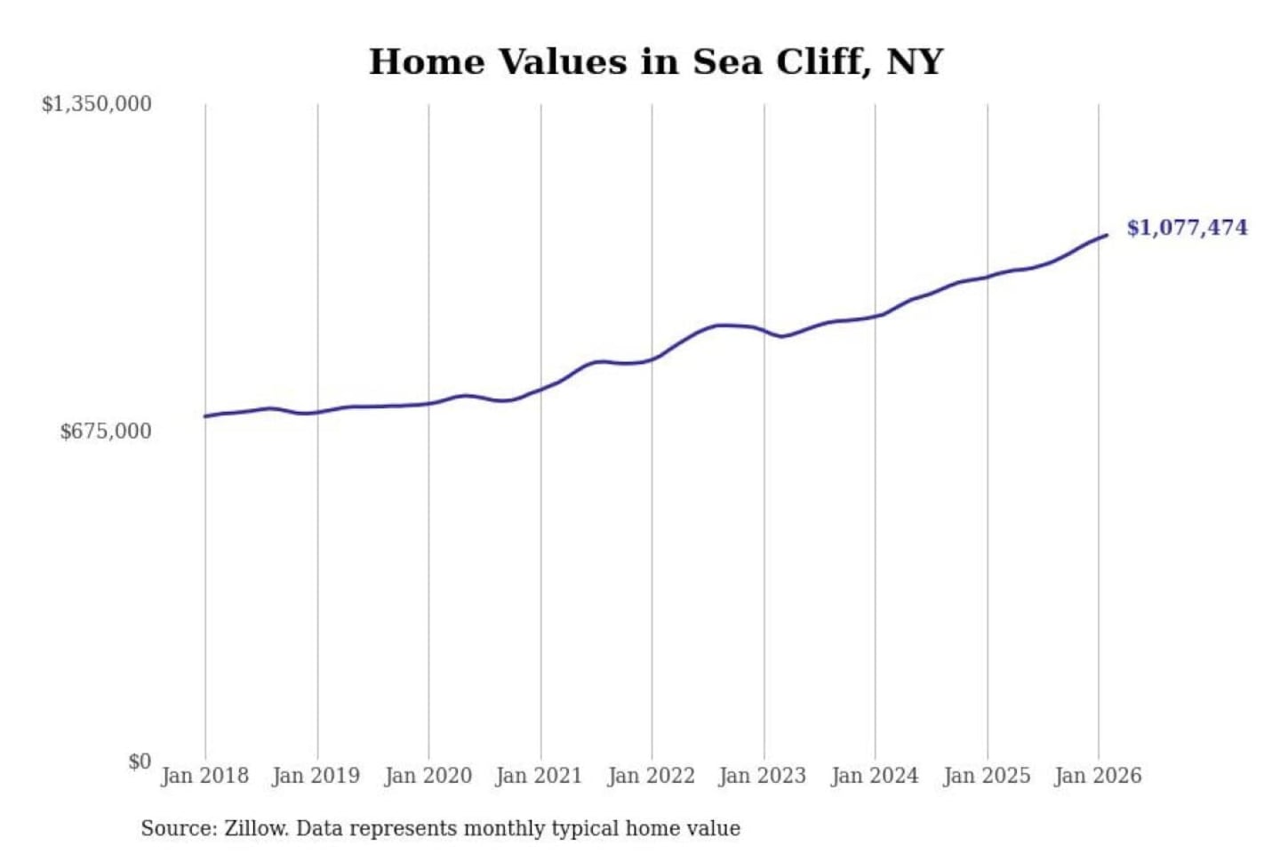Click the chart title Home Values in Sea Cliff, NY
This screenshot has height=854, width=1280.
[x=656, y=61]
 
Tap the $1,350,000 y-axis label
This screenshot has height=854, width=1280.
[x=97, y=104]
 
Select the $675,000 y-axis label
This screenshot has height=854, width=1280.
[x=106, y=431]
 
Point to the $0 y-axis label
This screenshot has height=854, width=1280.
[x=140, y=761]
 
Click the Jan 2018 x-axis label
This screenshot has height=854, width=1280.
[x=204, y=776]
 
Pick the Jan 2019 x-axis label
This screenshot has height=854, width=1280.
[x=316, y=776]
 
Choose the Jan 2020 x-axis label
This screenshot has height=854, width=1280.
[x=428, y=776]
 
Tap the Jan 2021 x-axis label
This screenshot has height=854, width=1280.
[x=539, y=776]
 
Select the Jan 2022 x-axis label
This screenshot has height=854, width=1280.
[x=651, y=776]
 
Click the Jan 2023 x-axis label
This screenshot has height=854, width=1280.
[x=762, y=776]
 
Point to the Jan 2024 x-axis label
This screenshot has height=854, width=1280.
[x=874, y=776]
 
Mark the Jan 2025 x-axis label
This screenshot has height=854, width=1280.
[x=986, y=776]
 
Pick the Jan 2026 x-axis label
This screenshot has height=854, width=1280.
[x=1097, y=776]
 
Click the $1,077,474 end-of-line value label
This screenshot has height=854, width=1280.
[x=1187, y=228]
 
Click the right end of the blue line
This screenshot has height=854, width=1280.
[x=1107, y=235]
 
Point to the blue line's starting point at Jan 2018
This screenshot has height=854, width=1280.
[x=205, y=416]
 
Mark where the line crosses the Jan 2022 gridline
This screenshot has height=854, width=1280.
[x=652, y=359]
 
